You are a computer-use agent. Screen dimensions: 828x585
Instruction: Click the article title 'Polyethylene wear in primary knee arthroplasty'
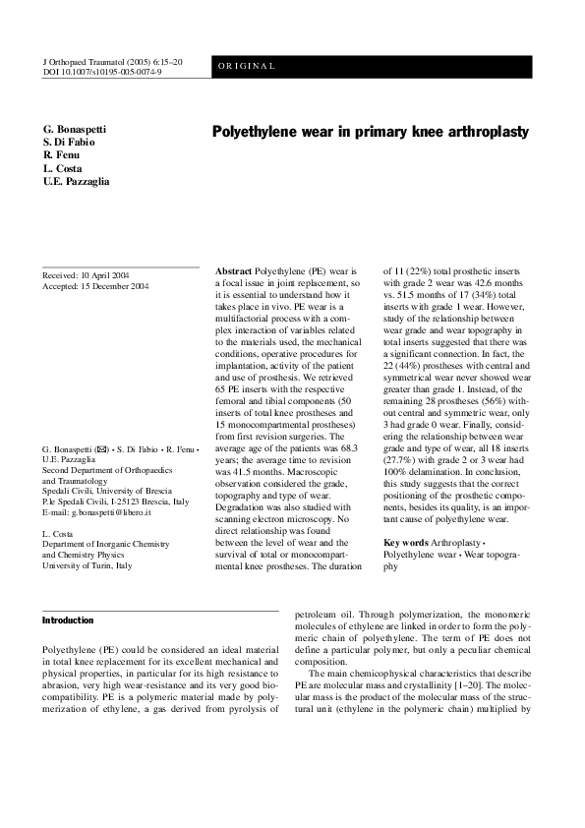click(371, 132)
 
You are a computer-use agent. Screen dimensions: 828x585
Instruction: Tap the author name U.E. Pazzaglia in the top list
click(77, 182)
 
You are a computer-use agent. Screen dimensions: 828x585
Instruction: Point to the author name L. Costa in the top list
click(64, 169)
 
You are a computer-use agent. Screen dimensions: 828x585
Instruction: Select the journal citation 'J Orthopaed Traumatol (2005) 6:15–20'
click(113, 61)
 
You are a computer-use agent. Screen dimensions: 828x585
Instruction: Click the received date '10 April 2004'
click(107, 275)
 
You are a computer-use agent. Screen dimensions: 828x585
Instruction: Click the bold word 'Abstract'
click(233, 269)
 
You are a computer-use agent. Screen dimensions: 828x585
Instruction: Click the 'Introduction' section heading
click(68, 621)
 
